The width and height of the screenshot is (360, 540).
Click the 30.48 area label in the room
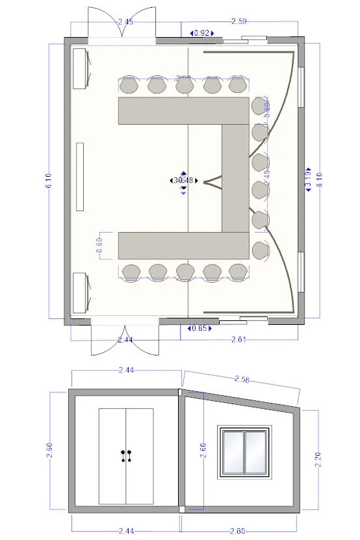pos(183,180)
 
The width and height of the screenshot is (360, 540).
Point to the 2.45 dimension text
pos(126,22)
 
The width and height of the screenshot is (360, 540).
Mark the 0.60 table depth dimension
pos(99,244)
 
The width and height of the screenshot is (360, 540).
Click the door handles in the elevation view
pos(126,456)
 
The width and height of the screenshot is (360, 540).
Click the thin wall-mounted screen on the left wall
pos(80,177)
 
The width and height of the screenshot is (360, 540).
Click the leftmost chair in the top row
pos(129,84)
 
